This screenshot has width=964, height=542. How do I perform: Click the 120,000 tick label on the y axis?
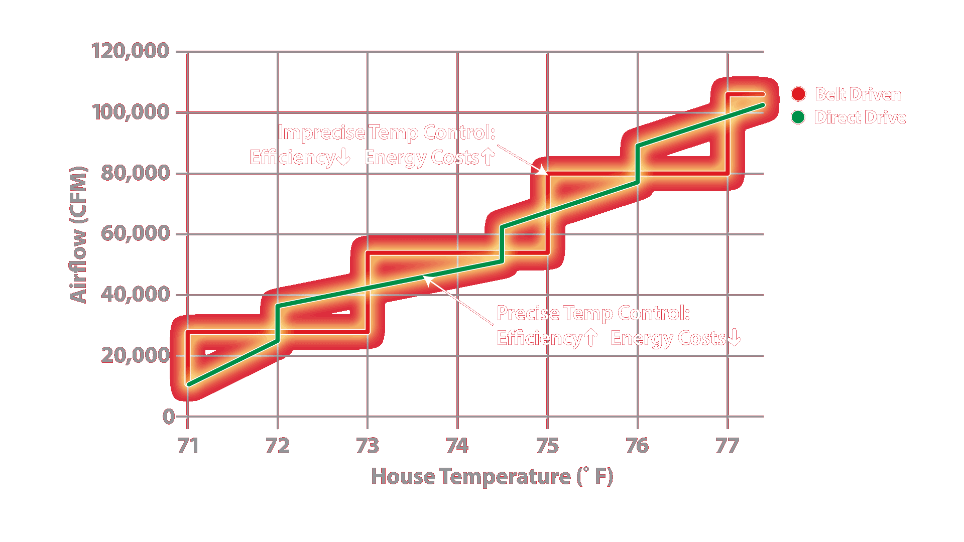point(130,51)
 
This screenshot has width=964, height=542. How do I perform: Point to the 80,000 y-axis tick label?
point(135,173)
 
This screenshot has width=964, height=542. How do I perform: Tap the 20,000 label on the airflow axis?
point(135,355)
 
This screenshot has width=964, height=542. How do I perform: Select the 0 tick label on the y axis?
point(169,417)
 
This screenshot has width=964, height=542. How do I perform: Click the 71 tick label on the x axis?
point(188,446)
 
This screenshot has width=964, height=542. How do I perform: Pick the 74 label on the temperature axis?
point(457,446)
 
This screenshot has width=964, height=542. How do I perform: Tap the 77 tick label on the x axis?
point(727,446)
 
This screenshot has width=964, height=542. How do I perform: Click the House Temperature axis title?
point(492,476)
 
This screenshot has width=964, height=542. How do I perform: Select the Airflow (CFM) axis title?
point(78,234)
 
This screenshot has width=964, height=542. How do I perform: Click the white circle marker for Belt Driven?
point(798,94)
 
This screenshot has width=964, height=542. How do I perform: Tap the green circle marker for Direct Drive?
point(798,117)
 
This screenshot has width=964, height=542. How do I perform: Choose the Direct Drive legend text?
point(860,117)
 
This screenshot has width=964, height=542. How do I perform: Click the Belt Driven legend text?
point(858,94)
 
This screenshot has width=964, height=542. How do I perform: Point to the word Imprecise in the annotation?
point(321,132)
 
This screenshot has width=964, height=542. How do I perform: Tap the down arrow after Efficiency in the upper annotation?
point(343,158)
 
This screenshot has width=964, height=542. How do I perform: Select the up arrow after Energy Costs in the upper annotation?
point(488,157)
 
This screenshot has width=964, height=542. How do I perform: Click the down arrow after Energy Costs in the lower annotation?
point(734,338)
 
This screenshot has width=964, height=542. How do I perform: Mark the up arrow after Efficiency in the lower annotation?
point(591,338)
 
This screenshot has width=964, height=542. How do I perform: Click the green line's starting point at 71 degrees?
point(189,384)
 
